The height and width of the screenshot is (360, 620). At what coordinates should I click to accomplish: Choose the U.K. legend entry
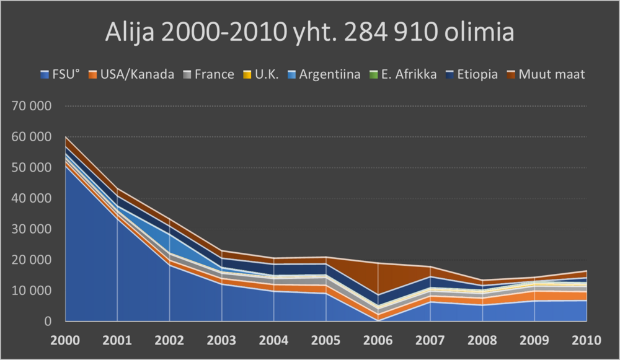pyautogui.click(x=263, y=74)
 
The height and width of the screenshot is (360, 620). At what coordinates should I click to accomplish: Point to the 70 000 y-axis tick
pyautogui.click(x=32, y=106)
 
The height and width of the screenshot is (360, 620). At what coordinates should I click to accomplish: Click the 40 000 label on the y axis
pyautogui.click(x=32, y=198)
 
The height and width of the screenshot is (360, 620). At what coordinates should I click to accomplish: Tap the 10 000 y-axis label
pyautogui.click(x=32, y=291)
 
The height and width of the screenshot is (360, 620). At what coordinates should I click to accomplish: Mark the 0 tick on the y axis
pyautogui.click(x=47, y=321)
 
